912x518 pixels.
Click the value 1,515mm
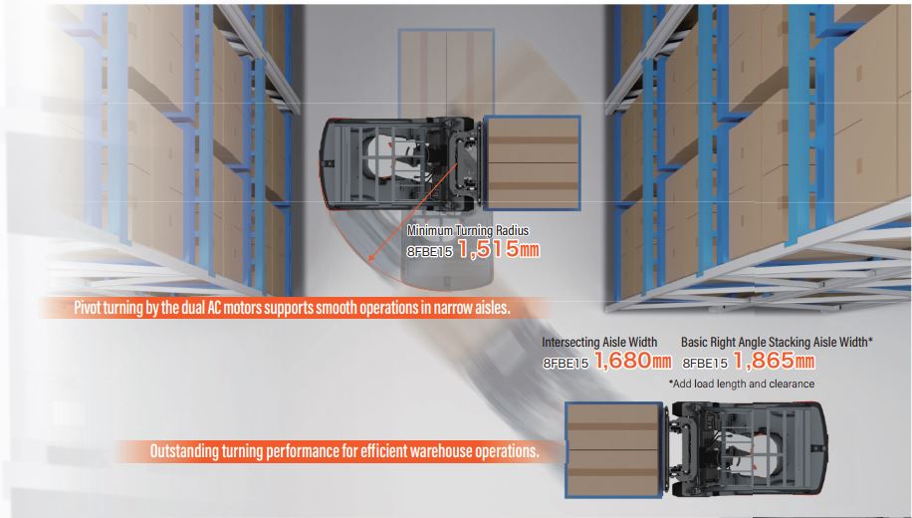click(499, 250)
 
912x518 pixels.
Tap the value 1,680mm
click(633, 362)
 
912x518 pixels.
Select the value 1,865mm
click(774, 362)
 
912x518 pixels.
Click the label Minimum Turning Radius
click(468, 230)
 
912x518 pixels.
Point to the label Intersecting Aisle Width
click(599, 343)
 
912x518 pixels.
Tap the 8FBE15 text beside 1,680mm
click(566, 364)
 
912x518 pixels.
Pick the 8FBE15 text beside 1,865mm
click(705, 364)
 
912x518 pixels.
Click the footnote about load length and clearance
click(742, 385)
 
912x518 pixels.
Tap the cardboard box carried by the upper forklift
click(533, 163)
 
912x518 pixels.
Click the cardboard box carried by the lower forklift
click(613, 450)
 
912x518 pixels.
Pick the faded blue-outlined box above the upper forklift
click(446, 73)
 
